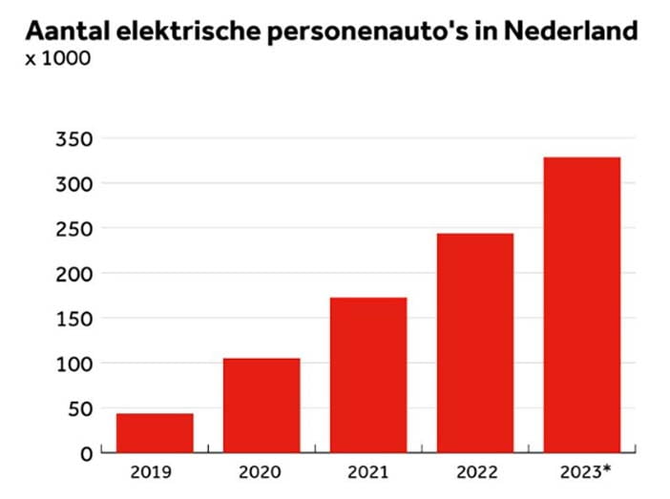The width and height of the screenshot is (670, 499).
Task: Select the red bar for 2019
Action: click(x=155, y=433)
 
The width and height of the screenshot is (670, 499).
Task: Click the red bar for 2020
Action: click(x=262, y=405)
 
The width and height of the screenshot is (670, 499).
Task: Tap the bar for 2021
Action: click(x=368, y=375)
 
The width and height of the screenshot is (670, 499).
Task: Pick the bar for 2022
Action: click(x=475, y=343)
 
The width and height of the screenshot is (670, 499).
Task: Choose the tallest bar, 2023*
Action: click(x=582, y=305)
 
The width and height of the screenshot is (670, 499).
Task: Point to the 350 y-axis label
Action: click(x=73, y=139)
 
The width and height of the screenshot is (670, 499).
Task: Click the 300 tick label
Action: click(x=73, y=184)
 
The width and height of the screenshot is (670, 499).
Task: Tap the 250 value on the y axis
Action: click(x=73, y=229)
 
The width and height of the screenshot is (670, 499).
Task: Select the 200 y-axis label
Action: click(x=73, y=274)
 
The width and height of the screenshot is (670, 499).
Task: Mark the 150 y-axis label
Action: click(x=74, y=319)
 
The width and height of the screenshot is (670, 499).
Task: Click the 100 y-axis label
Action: click(x=74, y=364)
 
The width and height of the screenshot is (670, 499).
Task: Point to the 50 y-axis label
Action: click(x=80, y=409)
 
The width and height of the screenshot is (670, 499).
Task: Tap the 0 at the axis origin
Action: click(x=86, y=454)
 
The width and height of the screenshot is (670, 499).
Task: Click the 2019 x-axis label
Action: click(x=151, y=472)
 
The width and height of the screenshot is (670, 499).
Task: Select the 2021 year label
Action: click(x=367, y=472)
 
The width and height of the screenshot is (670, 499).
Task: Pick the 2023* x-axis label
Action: click(x=585, y=472)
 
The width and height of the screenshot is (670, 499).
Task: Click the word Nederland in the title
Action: click(x=571, y=31)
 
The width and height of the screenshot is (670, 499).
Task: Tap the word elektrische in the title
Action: click(x=188, y=31)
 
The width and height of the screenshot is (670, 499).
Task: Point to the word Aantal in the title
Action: click(x=68, y=31)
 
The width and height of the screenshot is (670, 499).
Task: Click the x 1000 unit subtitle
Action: click(x=58, y=58)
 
